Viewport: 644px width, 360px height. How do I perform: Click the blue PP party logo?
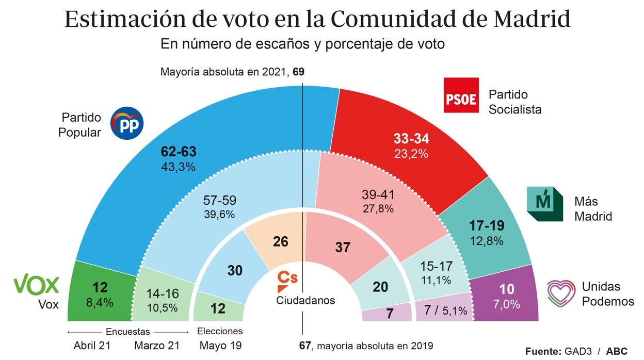click(127, 123)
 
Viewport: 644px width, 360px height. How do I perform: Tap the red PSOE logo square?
click(461, 95)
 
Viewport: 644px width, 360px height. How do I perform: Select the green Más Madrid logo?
click(544, 204)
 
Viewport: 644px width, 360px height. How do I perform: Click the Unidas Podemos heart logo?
click(561, 294)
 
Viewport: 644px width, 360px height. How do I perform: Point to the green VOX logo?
click(36, 285)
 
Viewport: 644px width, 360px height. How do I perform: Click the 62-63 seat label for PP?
click(178, 152)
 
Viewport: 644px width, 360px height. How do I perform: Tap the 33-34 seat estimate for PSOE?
click(411, 138)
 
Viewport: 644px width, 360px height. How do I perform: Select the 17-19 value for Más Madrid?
click(487, 225)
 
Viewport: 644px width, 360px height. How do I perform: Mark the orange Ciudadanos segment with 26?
click(281, 241)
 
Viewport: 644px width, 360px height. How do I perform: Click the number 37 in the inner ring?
click(343, 248)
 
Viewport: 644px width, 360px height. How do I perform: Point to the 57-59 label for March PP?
click(220, 201)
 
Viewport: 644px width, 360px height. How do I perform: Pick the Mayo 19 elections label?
click(220, 346)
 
